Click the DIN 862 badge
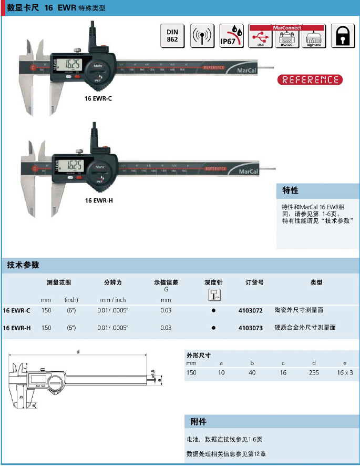pos(172,36)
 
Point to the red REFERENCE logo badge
pos(310,80)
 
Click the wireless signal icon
pos(201,36)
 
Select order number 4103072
pos(250,310)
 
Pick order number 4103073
pos(250,328)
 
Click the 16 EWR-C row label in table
pos(17,310)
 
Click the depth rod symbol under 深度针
pos(213,295)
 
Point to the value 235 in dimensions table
pos(314,372)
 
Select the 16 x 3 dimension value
pos(345,372)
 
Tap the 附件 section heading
pos(199,422)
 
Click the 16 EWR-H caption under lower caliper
pos(99,200)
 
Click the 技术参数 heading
pos(23,265)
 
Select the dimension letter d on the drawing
pos(78,351)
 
